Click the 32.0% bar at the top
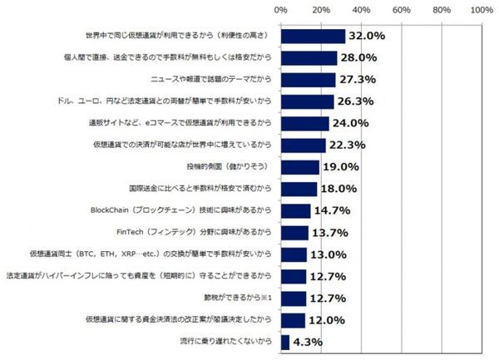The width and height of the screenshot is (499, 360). pyautogui.click(x=313, y=36)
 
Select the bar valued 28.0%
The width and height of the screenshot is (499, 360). pyautogui.click(x=309, y=57)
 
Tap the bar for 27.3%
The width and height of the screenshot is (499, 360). pyautogui.click(x=308, y=80)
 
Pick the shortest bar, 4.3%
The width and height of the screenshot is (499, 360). pyautogui.click(x=285, y=341)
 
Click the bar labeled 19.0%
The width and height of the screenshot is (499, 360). pyautogui.click(x=299, y=166)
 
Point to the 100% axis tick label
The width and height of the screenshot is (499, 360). pyautogui.click(x=482, y=10)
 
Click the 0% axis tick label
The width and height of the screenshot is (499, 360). pyautogui.click(x=280, y=10)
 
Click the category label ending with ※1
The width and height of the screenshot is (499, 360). pyautogui.click(x=241, y=297)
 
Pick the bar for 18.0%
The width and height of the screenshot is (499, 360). pyautogui.click(x=299, y=189)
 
